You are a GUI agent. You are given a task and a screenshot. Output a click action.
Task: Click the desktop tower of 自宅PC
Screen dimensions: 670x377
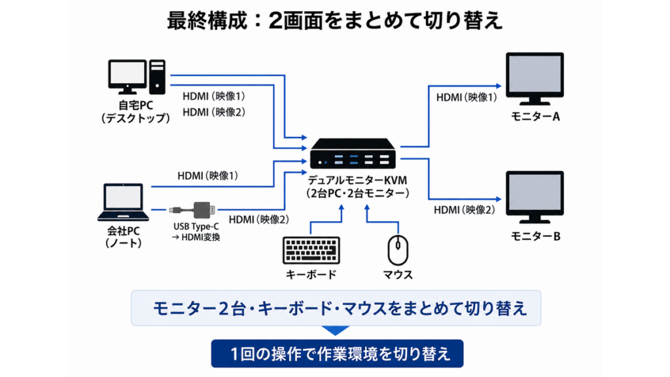click(x=157, y=77)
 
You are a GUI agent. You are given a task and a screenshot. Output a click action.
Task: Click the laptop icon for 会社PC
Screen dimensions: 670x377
click(x=123, y=203)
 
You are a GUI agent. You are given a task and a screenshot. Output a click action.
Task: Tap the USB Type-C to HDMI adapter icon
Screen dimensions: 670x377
click(x=193, y=210)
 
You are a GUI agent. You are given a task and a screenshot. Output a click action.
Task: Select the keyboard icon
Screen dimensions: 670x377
click(x=311, y=250)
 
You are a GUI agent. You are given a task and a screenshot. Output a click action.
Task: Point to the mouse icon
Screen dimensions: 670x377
click(x=398, y=250)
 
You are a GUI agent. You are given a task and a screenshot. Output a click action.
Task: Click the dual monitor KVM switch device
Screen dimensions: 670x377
click(x=353, y=153)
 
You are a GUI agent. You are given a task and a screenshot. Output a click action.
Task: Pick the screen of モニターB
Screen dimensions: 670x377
click(x=535, y=192)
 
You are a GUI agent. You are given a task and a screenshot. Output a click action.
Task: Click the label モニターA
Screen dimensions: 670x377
click(x=535, y=117)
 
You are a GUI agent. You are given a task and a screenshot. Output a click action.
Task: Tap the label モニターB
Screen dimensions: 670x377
click(x=535, y=236)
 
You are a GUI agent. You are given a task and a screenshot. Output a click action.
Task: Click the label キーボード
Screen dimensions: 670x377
click(x=311, y=274)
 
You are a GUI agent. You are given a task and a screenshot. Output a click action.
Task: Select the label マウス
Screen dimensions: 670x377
click(x=398, y=274)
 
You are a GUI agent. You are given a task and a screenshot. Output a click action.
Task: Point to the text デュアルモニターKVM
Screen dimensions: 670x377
click(x=358, y=180)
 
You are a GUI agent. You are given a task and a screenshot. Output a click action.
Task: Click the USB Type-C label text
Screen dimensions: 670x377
click(x=196, y=226)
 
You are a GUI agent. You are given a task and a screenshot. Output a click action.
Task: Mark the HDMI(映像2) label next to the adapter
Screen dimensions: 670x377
click(x=259, y=220)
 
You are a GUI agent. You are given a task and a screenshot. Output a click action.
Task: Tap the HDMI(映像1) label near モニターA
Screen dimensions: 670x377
click(x=467, y=98)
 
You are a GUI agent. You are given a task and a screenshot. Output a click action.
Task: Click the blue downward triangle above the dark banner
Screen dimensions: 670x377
click(x=336, y=331)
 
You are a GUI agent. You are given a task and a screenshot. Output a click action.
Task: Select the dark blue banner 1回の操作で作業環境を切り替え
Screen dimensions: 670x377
click(x=337, y=353)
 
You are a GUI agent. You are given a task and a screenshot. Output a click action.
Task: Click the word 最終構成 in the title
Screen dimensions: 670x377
click(x=207, y=20)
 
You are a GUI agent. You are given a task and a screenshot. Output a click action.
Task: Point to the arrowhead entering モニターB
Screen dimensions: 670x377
click(x=498, y=199)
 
